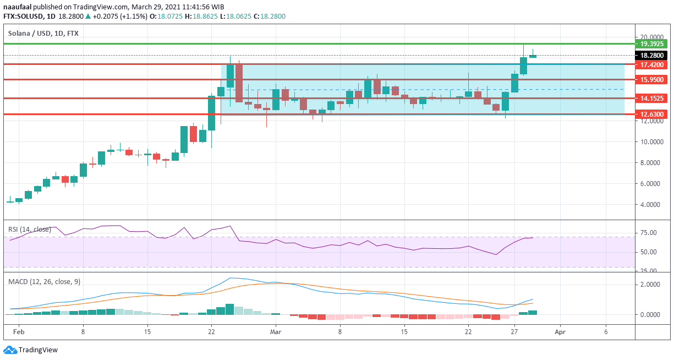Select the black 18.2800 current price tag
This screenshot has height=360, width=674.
tap(650, 56)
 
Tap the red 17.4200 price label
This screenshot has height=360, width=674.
tap(650, 65)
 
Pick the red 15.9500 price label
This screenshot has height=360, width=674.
tap(650, 80)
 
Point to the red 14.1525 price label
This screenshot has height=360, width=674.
tap(650, 99)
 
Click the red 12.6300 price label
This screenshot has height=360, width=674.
tap(650, 114)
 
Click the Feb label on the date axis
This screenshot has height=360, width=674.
tap(18, 332)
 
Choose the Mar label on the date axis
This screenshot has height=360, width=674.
tap(276, 332)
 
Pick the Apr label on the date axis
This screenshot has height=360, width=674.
tap(560, 332)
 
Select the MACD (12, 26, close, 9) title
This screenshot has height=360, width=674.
tap(44, 282)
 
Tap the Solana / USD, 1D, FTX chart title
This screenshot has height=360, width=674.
tap(43, 34)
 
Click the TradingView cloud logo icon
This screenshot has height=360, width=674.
tap(9, 350)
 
